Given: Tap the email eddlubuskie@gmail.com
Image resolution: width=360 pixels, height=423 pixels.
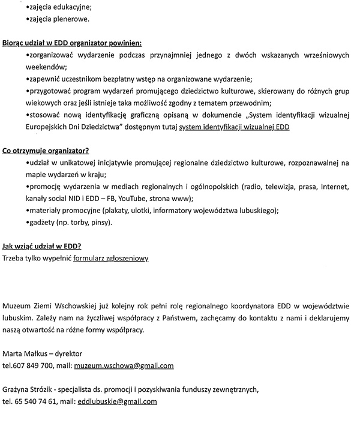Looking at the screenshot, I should tap(117, 401).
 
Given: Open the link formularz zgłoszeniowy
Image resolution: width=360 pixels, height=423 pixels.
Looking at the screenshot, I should tap(110, 258).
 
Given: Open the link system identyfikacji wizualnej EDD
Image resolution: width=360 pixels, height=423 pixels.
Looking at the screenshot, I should tap(235, 127).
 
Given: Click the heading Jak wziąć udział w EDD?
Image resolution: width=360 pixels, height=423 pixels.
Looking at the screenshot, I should tap(42, 246).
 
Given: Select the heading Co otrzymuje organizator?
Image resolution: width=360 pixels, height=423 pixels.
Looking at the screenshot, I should tap(46, 150).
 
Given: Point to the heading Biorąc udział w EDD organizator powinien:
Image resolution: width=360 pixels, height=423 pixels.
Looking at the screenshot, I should tap(72, 43).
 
